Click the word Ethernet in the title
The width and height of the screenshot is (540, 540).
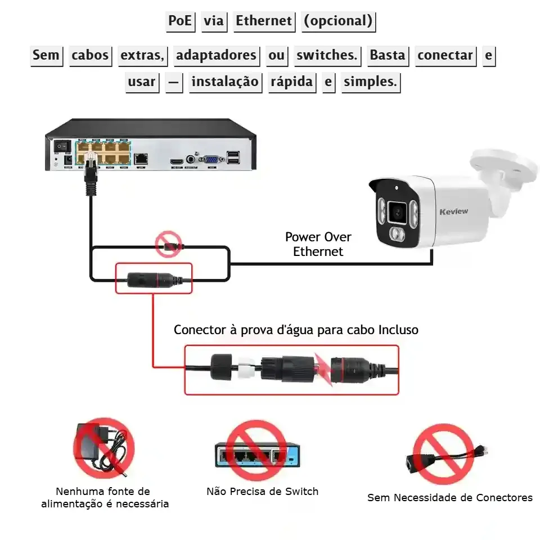(x=264, y=21)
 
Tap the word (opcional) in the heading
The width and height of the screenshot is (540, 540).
(x=338, y=21)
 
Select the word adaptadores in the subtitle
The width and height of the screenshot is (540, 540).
(x=216, y=55)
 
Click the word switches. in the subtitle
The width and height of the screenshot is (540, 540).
(x=327, y=55)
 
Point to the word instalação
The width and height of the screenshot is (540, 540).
(x=224, y=82)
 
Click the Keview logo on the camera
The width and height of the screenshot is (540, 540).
(x=453, y=211)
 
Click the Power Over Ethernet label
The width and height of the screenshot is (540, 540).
(x=318, y=244)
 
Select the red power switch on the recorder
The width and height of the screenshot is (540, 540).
(x=59, y=145)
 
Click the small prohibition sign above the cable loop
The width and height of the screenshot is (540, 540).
(x=169, y=244)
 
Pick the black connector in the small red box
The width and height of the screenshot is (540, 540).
(x=153, y=278)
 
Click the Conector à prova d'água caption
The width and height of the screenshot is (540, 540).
(x=296, y=330)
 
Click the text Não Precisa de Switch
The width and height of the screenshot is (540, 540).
(x=262, y=491)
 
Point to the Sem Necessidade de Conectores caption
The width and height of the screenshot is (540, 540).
(x=449, y=497)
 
